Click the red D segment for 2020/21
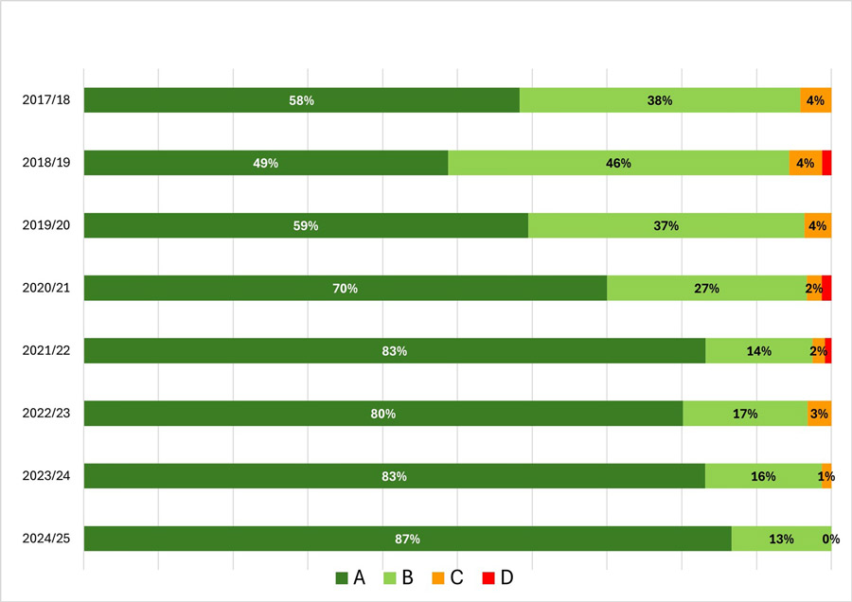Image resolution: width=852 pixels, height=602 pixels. pos(826,288)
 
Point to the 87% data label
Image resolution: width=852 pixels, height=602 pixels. pos(407,540)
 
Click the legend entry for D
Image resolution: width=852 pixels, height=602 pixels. pos(496,577)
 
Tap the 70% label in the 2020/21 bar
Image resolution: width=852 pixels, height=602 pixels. pos(345,288)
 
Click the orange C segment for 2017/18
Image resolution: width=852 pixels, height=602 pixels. pos(816,100)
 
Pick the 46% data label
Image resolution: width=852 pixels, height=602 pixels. pos(618,163)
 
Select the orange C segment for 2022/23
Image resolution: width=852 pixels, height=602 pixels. pos(819,413)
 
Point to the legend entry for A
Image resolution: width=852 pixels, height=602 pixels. pos(350,577)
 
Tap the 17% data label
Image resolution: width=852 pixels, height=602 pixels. pos(744,413)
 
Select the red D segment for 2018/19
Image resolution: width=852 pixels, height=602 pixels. pos(826,163)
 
